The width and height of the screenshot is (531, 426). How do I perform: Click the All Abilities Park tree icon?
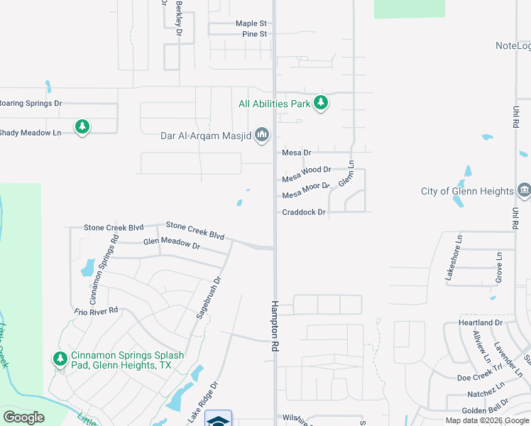[x=321, y=103]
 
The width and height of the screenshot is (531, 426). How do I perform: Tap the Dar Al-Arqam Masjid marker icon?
[x=262, y=134]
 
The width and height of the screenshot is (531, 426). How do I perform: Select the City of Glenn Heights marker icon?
[x=524, y=190]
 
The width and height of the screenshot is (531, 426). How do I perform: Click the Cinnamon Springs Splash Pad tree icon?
[x=59, y=359]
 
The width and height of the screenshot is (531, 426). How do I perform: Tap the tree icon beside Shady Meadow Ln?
[x=82, y=127]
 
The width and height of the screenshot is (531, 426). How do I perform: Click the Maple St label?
[x=251, y=23]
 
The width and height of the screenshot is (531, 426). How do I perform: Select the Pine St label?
[x=253, y=34]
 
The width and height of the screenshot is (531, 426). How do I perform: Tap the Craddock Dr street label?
[x=303, y=212]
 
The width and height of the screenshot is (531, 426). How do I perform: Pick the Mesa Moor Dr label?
[x=306, y=191]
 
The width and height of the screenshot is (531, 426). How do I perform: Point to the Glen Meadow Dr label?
[x=171, y=244]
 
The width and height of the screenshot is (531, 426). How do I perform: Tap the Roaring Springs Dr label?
[x=30, y=103]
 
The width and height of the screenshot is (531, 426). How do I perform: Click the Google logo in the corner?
[x=23, y=417]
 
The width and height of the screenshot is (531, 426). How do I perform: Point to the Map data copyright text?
[x=487, y=420]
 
